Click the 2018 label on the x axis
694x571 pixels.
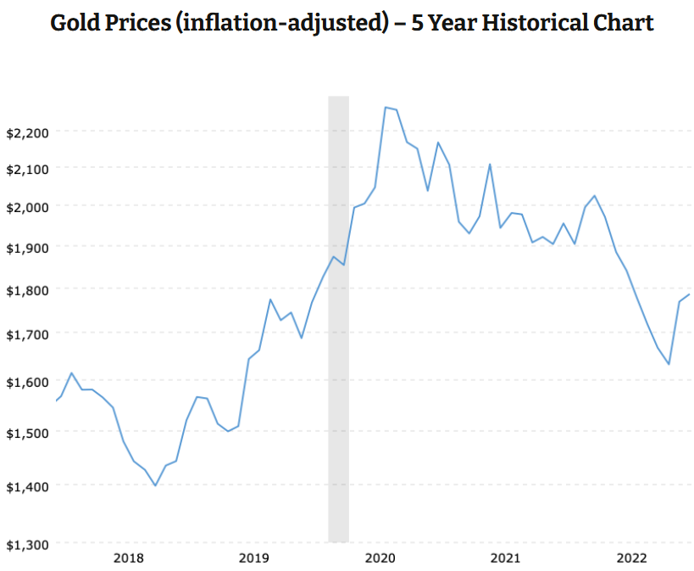127,557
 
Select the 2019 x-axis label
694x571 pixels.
253,557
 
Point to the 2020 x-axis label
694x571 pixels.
380,557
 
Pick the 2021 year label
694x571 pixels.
506,557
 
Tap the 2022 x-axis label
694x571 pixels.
632,557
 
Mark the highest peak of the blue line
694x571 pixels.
386,108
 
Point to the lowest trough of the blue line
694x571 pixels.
155,485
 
